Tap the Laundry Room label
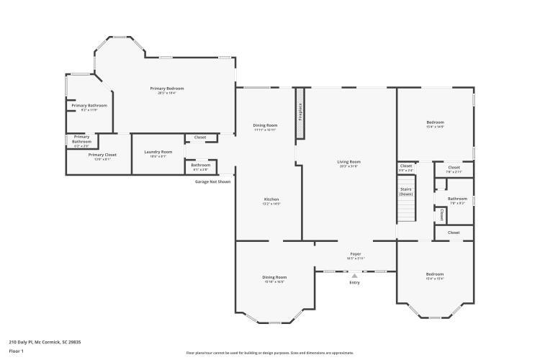pos(158,152)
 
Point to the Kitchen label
pos(271,199)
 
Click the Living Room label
pos(348,162)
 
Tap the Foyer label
pos(356,254)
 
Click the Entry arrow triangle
pos(354,275)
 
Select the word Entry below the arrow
pos(354,283)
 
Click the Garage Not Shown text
pos(213,181)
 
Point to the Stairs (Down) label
pos(406,192)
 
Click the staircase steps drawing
pos(407,211)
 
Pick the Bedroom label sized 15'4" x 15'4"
pos(434,274)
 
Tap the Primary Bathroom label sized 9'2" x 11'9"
pos(89,106)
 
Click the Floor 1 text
pos(17,351)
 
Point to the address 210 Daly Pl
pos(43,342)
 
